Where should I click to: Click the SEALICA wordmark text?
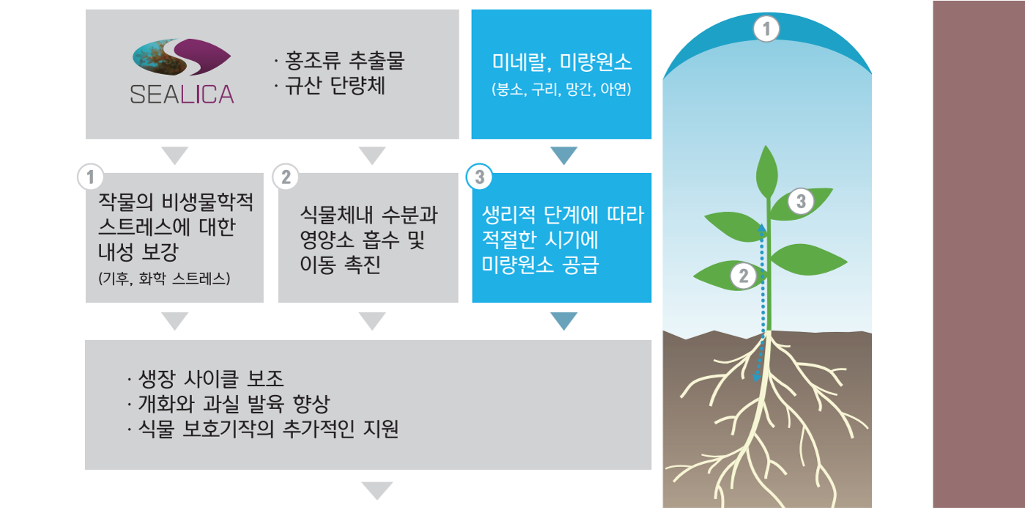(x=182, y=95)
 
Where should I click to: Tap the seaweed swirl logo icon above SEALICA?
(x=182, y=57)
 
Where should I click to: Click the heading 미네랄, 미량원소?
(x=562, y=62)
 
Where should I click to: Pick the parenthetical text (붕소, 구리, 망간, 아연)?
(x=561, y=89)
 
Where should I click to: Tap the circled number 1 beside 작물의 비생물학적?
(x=91, y=177)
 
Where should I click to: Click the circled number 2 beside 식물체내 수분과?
(x=286, y=177)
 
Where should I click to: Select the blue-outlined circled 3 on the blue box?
(x=479, y=177)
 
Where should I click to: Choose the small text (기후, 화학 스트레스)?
(x=164, y=279)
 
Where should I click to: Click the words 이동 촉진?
(x=340, y=265)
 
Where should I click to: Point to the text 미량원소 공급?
(x=541, y=265)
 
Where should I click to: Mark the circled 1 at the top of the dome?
(x=766, y=29)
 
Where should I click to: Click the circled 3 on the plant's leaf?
(x=801, y=201)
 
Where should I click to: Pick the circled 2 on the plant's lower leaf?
(x=744, y=276)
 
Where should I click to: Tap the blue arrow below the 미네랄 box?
(x=563, y=155)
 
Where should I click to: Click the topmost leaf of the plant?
(x=766, y=172)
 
